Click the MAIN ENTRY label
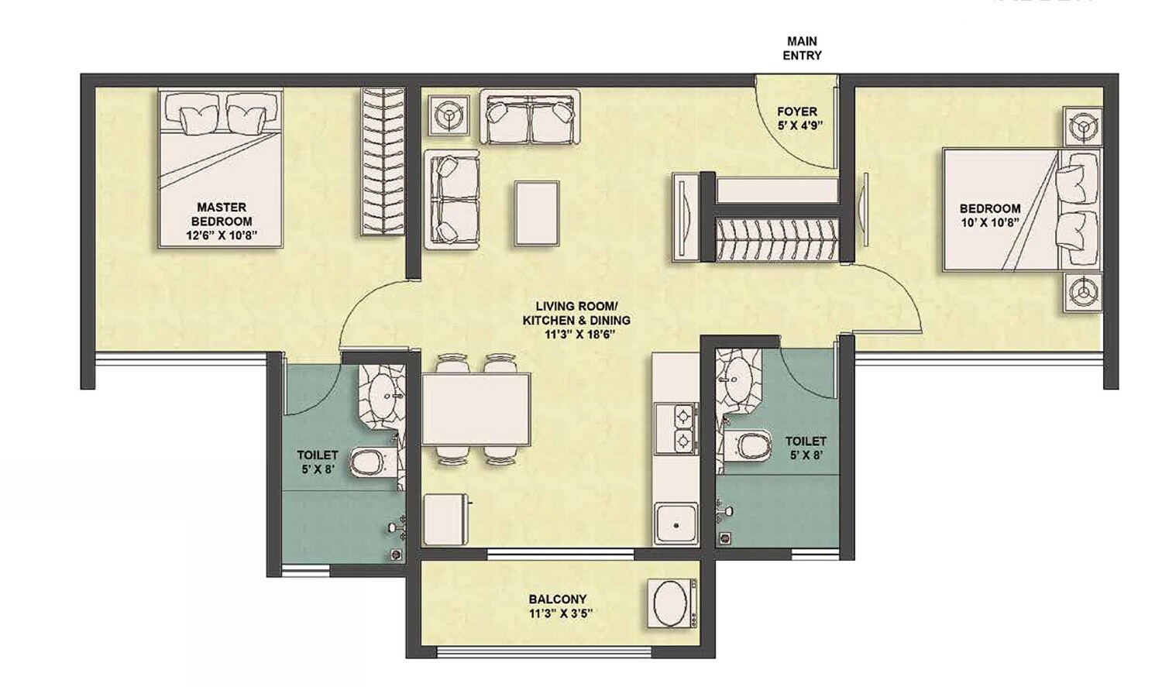pos(802,48)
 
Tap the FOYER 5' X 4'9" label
pos(798,118)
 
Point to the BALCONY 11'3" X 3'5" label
pos(558,606)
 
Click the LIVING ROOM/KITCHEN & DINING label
pos(576,320)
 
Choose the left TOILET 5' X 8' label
pos(318,462)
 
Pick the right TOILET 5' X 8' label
pos(806,448)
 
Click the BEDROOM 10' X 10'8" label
pos(989,215)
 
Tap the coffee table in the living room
pos(537,214)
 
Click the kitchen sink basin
pos(676,524)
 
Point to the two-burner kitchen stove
pos(676,428)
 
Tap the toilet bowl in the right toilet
pos(751,446)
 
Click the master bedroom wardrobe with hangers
pos(383,161)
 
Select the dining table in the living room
pos(476,409)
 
